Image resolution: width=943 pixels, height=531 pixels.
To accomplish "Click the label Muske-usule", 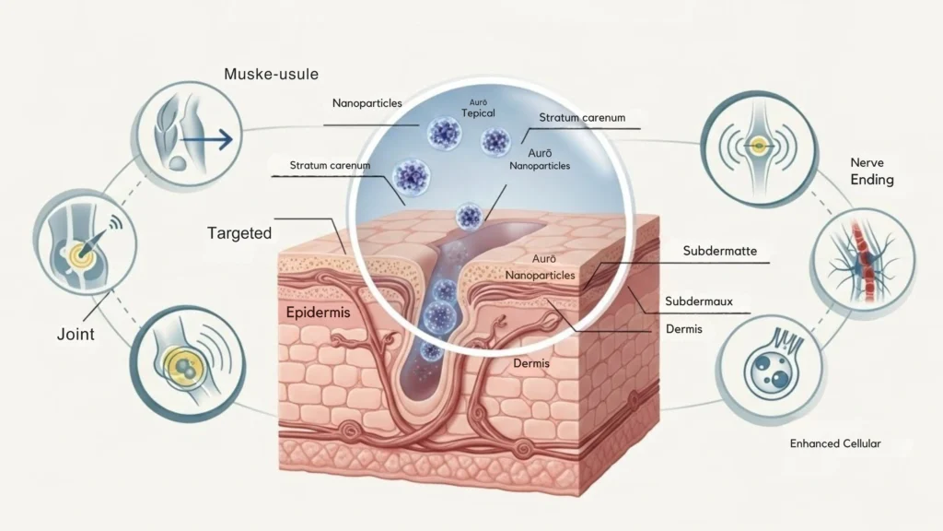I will click(x=265, y=72).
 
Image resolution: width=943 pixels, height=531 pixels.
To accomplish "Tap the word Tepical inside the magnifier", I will click(x=478, y=113).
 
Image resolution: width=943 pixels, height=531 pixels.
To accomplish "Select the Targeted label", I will click(x=239, y=233).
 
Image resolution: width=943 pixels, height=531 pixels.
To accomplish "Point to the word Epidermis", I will click(x=319, y=313).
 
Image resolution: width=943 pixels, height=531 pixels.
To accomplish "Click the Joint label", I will click(x=76, y=335).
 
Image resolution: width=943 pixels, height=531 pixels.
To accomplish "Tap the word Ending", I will click(x=871, y=179).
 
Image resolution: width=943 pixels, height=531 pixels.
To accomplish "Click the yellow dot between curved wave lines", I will click(x=758, y=145).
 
